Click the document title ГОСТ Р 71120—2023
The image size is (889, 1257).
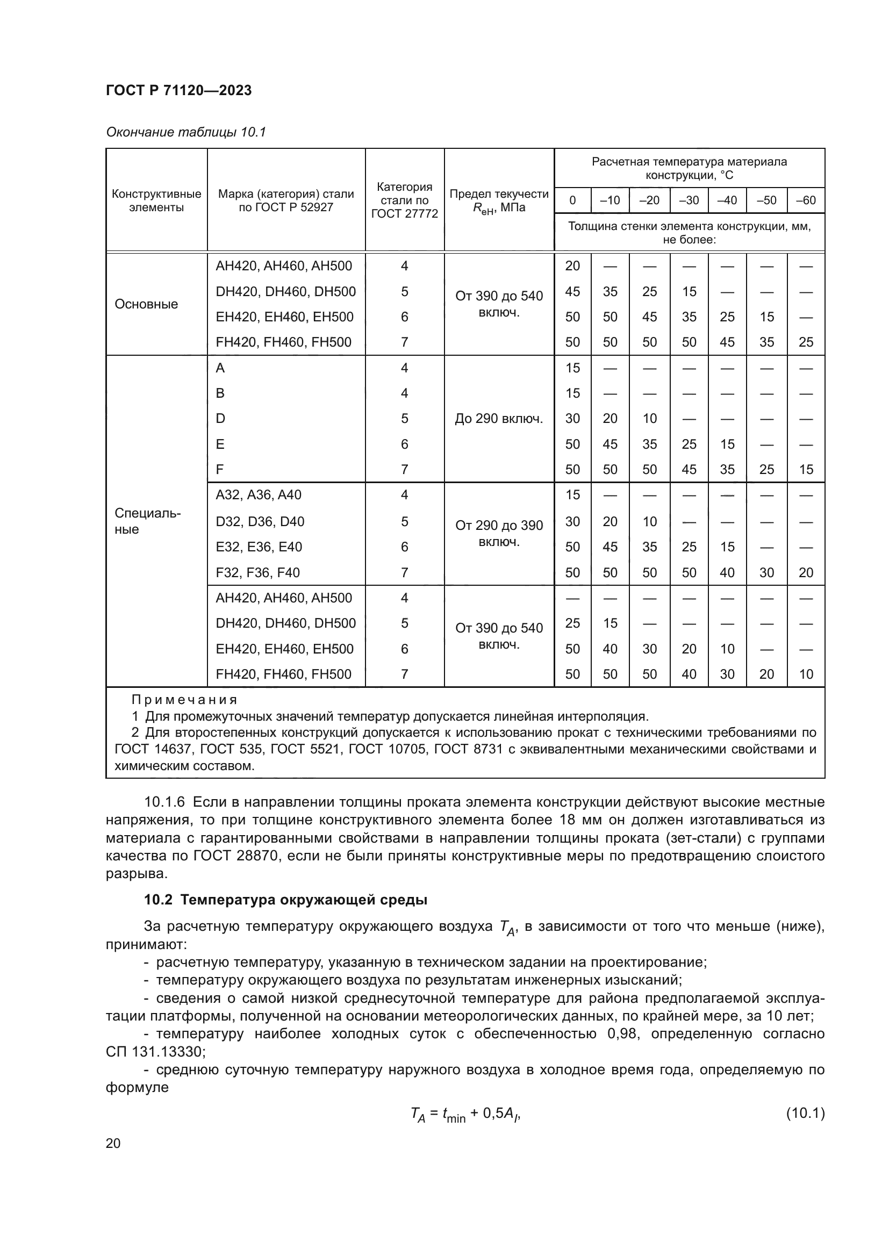pyautogui.click(x=178, y=90)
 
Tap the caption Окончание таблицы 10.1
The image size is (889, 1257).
pyautogui.click(x=185, y=132)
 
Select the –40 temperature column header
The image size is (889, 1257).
pyautogui.click(x=727, y=200)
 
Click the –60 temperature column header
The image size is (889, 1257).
pyautogui.click(x=806, y=200)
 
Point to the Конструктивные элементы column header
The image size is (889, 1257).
pyautogui.click(x=156, y=200)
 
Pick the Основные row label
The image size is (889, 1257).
pyautogui.click(x=146, y=304)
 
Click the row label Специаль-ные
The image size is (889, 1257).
pyautogui.click(x=147, y=521)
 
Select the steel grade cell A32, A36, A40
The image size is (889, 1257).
pyautogui.click(x=259, y=495)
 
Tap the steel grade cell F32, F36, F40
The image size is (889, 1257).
pyautogui.click(x=257, y=573)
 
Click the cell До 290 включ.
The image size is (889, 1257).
pyautogui.click(x=499, y=419)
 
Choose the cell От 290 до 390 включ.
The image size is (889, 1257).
pyautogui.click(x=499, y=533)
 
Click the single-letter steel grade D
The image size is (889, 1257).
pyautogui.click(x=220, y=419)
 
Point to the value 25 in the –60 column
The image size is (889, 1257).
pyautogui.click(x=806, y=343)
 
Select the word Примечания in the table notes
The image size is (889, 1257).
pyautogui.click(x=184, y=700)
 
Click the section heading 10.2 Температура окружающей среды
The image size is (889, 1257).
pyautogui.click(x=285, y=900)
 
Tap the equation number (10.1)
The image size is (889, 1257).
pyautogui.click(x=805, y=1114)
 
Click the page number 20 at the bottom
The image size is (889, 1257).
pyautogui.click(x=113, y=1143)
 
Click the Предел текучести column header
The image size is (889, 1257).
pyautogui.click(x=499, y=200)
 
